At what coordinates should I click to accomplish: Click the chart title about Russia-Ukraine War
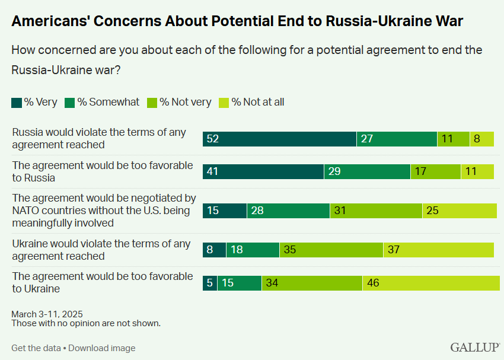point(237,21)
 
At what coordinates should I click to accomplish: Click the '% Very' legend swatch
point(17,102)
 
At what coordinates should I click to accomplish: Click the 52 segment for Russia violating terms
point(279,139)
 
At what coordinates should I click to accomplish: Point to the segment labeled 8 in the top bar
point(481,139)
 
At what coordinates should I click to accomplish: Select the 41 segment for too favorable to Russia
point(263,172)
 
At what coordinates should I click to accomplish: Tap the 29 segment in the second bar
point(367,172)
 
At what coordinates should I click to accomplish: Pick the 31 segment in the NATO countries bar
point(376,211)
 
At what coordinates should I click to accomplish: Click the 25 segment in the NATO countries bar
point(460,211)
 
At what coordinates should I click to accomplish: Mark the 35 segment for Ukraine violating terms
point(331,250)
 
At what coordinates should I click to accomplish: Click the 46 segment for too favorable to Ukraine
point(431,283)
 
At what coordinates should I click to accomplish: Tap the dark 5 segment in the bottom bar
point(210,283)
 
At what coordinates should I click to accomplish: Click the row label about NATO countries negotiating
point(104,210)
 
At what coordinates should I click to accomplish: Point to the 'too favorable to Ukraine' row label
point(103,282)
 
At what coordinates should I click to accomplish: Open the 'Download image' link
point(101,348)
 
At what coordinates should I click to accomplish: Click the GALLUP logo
point(474,348)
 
